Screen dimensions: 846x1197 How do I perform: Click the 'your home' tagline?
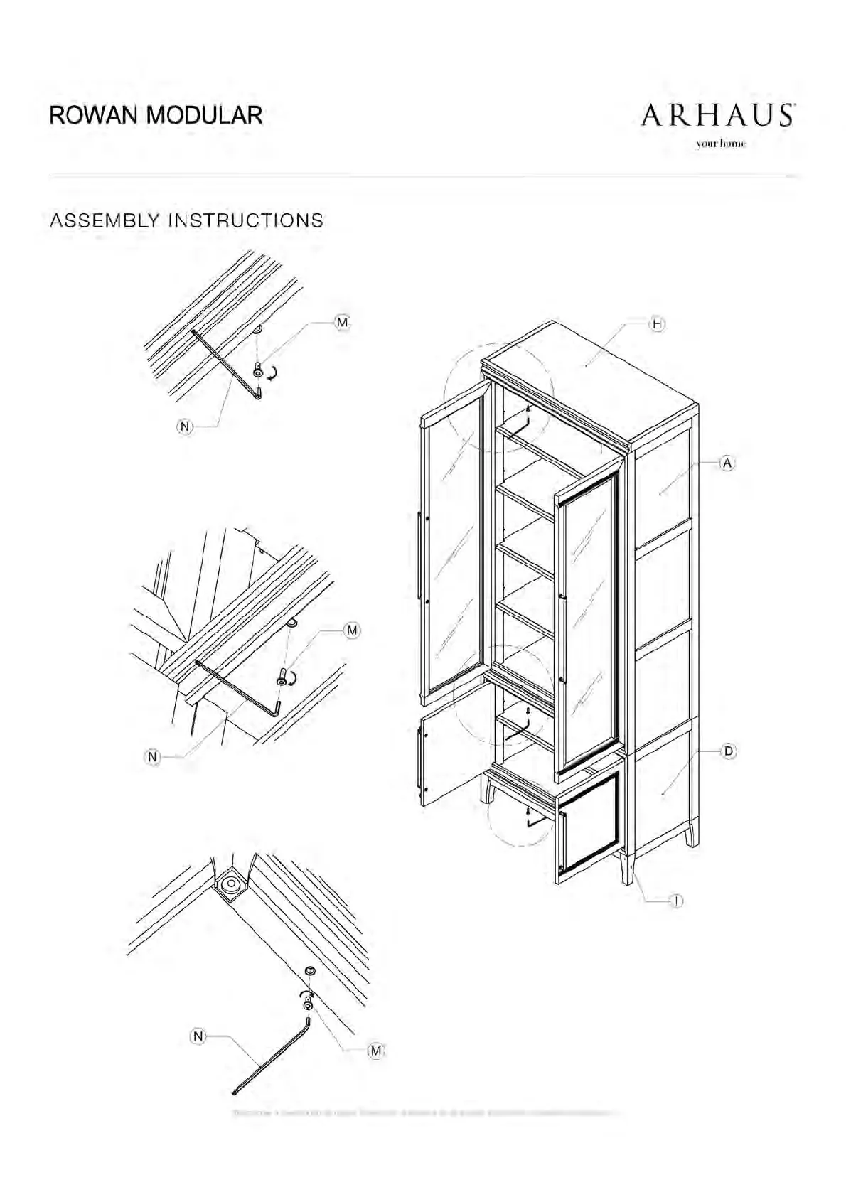(722, 144)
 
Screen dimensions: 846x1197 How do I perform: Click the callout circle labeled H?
(658, 324)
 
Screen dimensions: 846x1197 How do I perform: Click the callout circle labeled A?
(727, 463)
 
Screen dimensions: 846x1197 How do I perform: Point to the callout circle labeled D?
(729, 751)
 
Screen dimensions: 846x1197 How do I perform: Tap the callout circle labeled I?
(677, 901)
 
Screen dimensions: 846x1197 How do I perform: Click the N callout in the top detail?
(185, 426)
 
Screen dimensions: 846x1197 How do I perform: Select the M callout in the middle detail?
(351, 630)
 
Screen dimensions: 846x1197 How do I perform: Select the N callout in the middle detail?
(153, 757)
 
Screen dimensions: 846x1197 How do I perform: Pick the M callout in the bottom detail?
(376, 1051)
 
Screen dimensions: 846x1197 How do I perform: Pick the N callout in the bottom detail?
(198, 1037)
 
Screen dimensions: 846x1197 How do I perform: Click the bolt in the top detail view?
(258, 370)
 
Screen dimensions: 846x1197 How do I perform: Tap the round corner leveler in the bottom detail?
(230, 884)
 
